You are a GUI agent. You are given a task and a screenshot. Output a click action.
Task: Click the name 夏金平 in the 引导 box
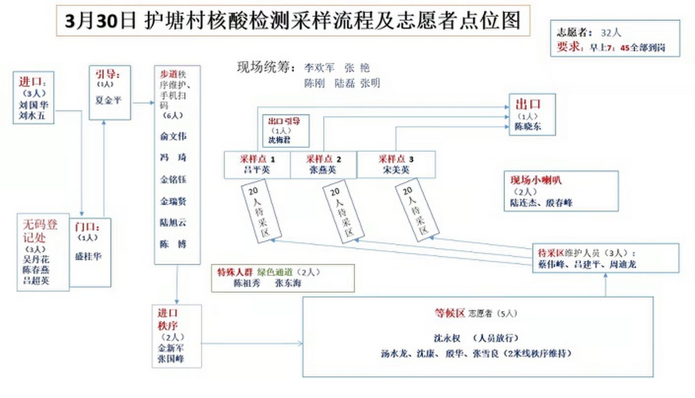click(110, 99)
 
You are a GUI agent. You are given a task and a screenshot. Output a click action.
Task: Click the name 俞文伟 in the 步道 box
click(173, 136)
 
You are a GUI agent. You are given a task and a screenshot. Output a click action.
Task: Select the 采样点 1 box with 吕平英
click(257, 165)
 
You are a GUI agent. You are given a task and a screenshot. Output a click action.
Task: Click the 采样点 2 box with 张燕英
click(323, 165)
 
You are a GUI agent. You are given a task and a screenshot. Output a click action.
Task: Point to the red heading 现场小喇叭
click(536, 181)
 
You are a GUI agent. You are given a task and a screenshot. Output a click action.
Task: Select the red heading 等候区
click(449, 313)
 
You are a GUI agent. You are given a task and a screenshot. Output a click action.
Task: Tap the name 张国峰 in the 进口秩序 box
click(171, 359)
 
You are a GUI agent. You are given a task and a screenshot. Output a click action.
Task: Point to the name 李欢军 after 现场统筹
click(318, 68)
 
